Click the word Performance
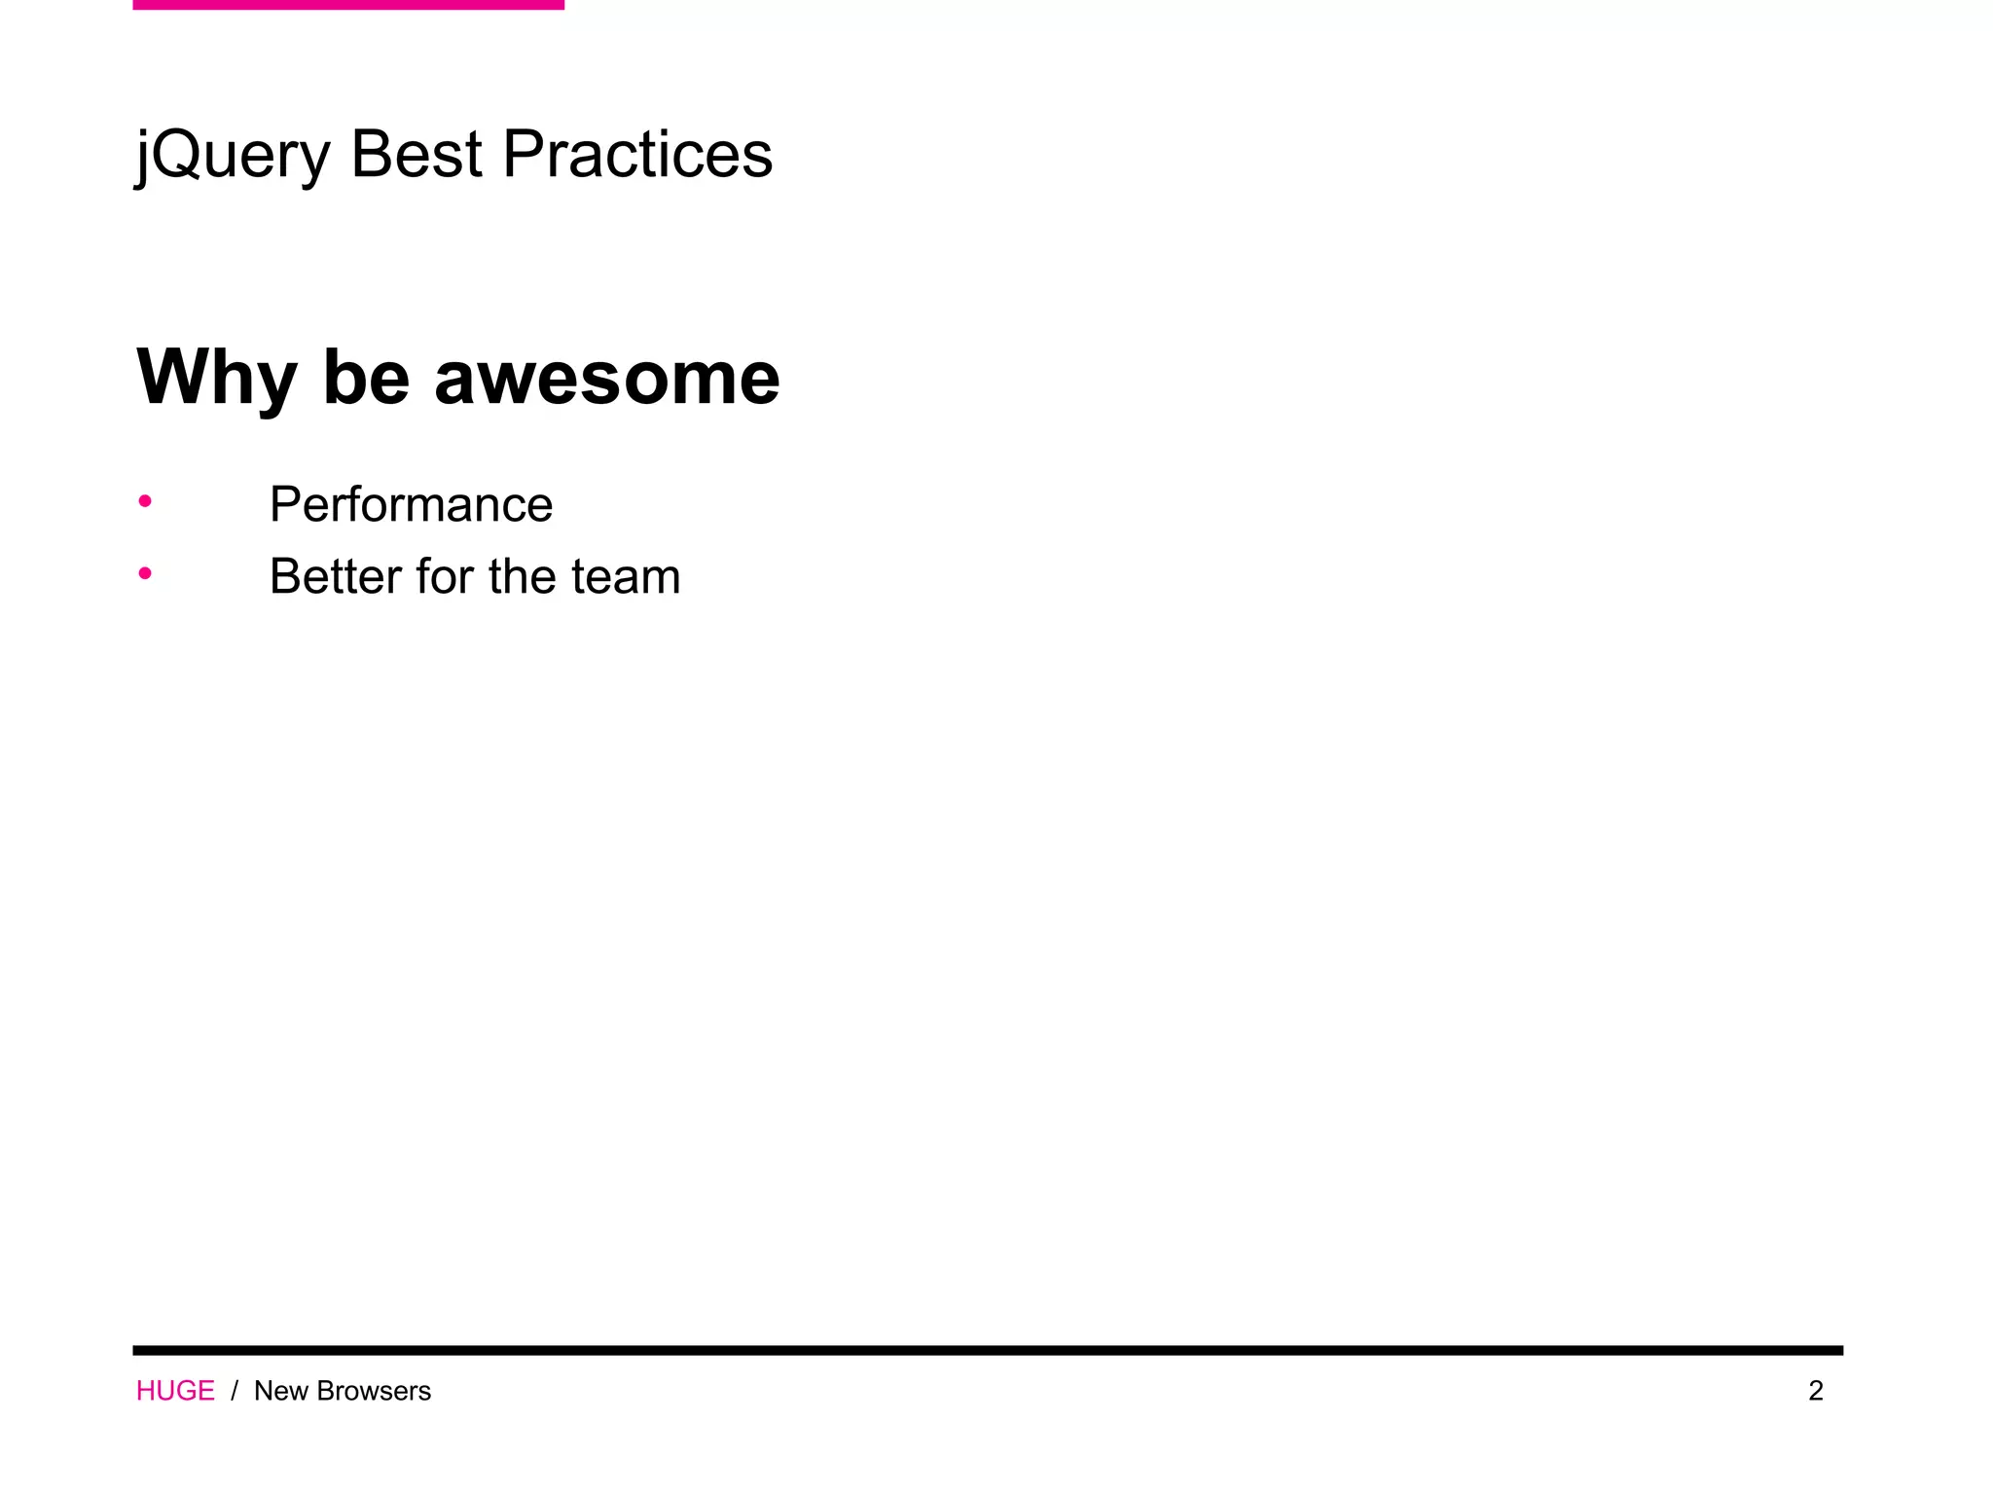(x=411, y=504)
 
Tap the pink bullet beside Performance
(x=145, y=501)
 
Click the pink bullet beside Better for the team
(x=145, y=573)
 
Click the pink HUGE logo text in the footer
(x=175, y=1391)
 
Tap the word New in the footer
(x=281, y=1391)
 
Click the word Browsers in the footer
(x=374, y=1391)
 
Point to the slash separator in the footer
(x=235, y=1391)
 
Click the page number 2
(x=1816, y=1391)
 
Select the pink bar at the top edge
(x=348, y=5)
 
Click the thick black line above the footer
(x=988, y=1350)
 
